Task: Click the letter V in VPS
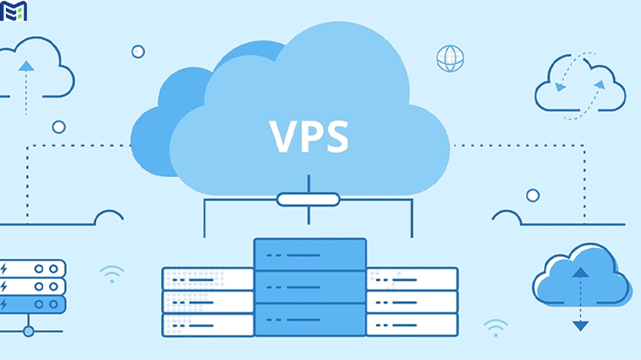click(283, 135)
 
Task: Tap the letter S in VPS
click(336, 135)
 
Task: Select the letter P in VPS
click(310, 135)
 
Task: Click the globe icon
click(450, 58)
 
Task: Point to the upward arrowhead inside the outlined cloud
click(26, 65)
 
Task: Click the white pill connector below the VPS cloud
click(308, 200)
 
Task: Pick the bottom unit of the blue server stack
click(310, 320)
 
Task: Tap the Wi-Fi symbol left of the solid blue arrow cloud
click(496, 327)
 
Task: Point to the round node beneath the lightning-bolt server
click(28, 331)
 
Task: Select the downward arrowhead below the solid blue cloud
click(580, 325)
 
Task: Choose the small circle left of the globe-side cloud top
click(137, 51)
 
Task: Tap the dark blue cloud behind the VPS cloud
click(160, 126)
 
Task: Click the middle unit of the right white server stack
click(412, 302)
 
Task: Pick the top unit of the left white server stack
click(207, 279)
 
